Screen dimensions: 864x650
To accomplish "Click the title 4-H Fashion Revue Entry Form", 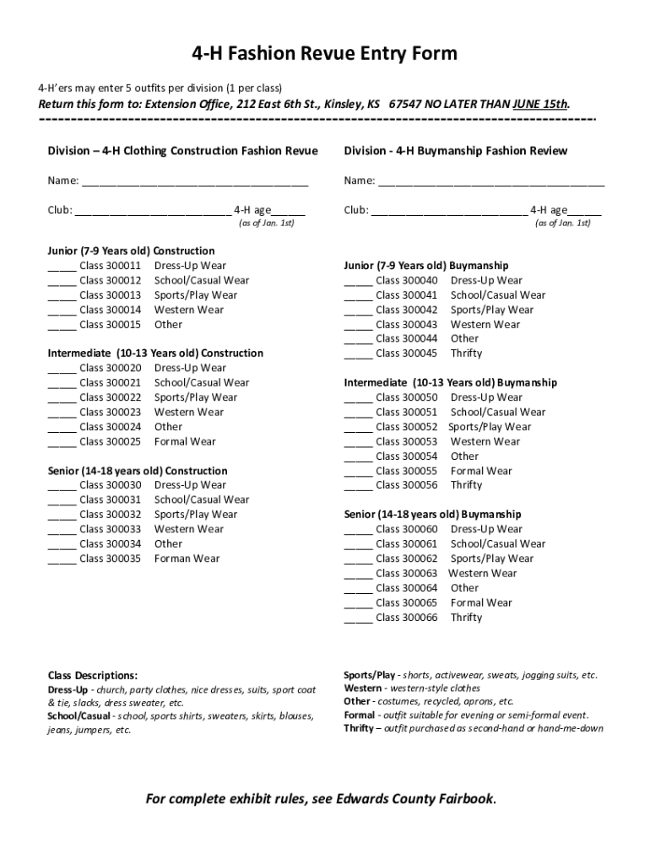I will point(325,54).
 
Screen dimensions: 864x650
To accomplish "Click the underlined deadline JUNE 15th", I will point(540,105).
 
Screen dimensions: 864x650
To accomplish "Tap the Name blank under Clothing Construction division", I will point(195,181).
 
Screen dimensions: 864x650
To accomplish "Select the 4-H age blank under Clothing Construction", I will point(289,211).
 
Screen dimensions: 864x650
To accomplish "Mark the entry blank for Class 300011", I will point(62,266).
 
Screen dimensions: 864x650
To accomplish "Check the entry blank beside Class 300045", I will point(358,354).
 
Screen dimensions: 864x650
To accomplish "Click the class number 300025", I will point(123,441).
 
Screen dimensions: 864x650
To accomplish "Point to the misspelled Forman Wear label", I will point(187,559).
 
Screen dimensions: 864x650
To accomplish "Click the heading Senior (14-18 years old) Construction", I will point(138,471).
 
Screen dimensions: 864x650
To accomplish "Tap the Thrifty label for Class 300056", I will point(466,485).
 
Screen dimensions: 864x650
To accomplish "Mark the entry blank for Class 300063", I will point(358,574).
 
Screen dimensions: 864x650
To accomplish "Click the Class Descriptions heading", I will point(93,676).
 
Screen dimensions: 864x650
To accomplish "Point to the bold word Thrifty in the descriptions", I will point(359,728).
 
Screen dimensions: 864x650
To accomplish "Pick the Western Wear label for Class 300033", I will point(189,529).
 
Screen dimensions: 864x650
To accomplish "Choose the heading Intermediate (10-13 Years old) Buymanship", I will point(451,383).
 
